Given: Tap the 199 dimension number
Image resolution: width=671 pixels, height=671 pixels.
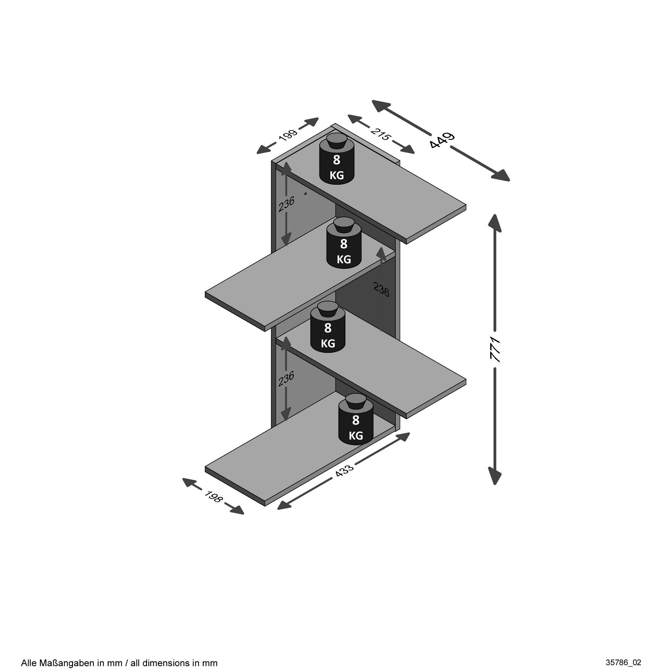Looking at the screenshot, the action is click(288, 135).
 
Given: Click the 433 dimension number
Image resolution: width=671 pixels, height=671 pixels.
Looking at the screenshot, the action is click(344, 471).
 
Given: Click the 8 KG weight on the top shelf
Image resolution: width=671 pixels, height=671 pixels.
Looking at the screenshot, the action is click(337, 158).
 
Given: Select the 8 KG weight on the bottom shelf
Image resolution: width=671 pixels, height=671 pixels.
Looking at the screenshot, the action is click(356, 419).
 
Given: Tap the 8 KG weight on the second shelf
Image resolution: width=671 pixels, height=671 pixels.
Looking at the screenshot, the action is click(344, 243).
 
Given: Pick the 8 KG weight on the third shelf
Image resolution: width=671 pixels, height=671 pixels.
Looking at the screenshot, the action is click(328, 327).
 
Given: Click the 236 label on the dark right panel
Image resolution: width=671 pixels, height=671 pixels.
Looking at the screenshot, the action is click(381, 289).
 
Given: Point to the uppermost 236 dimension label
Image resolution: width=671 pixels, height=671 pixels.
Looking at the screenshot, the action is click(287, 204).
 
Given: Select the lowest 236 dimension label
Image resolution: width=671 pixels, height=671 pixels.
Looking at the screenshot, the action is click(287, 379).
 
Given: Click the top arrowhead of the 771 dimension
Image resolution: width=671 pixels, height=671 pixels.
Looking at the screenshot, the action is click(495, 222).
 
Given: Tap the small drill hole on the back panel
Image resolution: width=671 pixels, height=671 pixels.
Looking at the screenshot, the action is click(305, 193).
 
